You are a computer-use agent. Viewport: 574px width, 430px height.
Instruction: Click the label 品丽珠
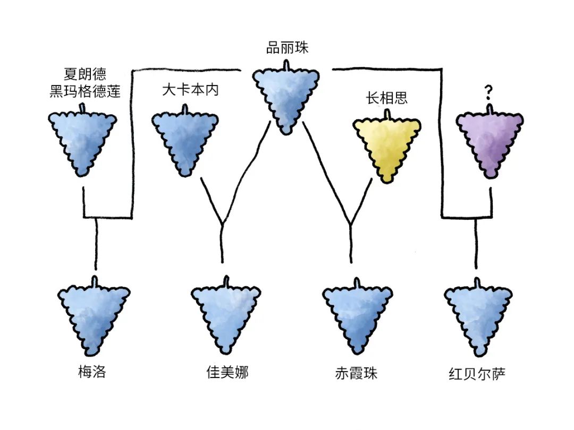coord(287,48)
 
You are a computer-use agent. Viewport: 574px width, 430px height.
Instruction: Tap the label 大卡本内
coord(190,89)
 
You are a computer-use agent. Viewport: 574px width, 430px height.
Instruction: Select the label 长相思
coord(386,98)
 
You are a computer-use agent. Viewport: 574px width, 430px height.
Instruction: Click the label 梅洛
coord(92,372)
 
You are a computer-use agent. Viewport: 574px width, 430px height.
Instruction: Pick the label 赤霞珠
coord(356,373)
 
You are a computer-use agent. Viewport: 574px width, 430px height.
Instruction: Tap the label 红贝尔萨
coord(477,373)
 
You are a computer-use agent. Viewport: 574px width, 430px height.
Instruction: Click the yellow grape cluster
coord(387,146)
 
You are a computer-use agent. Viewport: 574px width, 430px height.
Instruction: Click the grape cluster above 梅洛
coord(95,316)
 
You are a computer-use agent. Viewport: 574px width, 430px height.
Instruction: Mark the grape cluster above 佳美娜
coord(226,316)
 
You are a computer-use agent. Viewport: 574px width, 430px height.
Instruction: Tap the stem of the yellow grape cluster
coord(387,114)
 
